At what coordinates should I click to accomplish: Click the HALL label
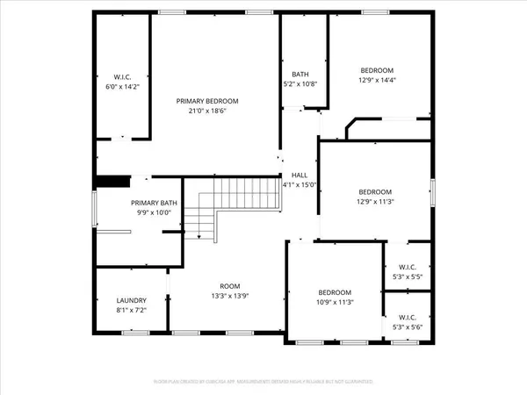coord(299,175)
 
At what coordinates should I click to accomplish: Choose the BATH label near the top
coord(300,74)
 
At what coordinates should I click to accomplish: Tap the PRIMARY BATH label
coord(155,203)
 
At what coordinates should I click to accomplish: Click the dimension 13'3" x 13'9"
coord(230,297)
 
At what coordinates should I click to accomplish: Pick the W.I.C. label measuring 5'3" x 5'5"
coord(407,268)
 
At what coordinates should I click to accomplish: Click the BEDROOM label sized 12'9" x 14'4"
coord(377,70)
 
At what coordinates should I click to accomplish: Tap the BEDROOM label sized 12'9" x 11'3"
coord(374,190)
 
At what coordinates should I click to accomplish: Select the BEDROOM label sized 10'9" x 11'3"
coord(335,292)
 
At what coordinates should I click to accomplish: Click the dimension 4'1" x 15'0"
coord(299,184)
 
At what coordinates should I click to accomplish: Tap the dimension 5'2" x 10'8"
coord(300,84)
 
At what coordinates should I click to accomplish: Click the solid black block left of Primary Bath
coord(108,182)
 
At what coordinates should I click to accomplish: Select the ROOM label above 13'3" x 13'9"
coord(230,286)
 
